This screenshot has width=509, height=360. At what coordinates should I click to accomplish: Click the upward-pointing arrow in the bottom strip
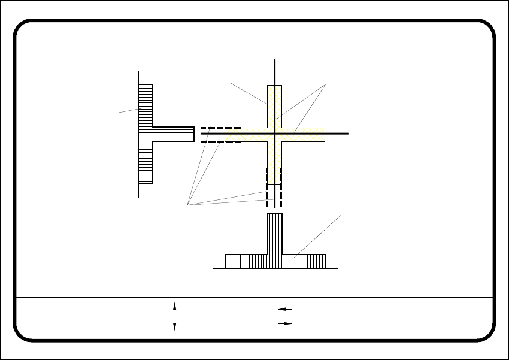174,308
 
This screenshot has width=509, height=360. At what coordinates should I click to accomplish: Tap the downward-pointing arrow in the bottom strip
174,324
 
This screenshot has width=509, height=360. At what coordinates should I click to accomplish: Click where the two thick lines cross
274,134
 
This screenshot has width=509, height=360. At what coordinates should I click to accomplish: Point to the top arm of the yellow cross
274,105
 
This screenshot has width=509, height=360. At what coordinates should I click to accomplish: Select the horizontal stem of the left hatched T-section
174,134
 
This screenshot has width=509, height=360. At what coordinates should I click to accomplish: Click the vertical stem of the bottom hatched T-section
274,234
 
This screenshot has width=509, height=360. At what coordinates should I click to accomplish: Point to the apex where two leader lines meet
325,86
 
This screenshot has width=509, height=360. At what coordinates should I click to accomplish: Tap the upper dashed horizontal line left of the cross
220,128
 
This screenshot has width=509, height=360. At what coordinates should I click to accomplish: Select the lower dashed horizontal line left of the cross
220,142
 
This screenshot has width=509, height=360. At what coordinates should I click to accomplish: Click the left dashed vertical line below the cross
268,180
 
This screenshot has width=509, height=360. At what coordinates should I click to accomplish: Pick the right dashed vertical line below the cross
281,180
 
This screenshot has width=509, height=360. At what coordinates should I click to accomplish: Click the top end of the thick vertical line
274,60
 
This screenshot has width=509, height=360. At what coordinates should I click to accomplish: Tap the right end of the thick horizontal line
348,134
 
